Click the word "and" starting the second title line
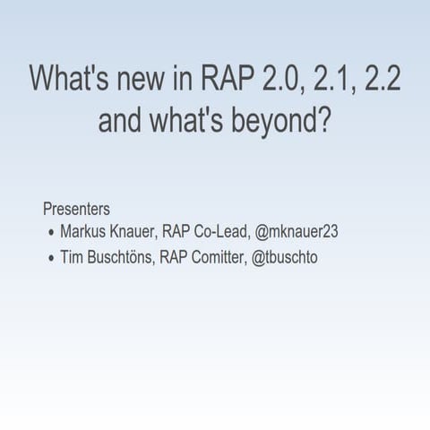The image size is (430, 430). [x=120, y=120]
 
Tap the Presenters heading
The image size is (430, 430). [x=76, y=209]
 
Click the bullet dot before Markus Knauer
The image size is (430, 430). [x=50, y=233]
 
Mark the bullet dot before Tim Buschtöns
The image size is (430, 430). [x=50, y=259]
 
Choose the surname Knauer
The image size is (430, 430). [x=135, y=232]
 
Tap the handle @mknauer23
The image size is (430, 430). [x=297, y=232]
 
